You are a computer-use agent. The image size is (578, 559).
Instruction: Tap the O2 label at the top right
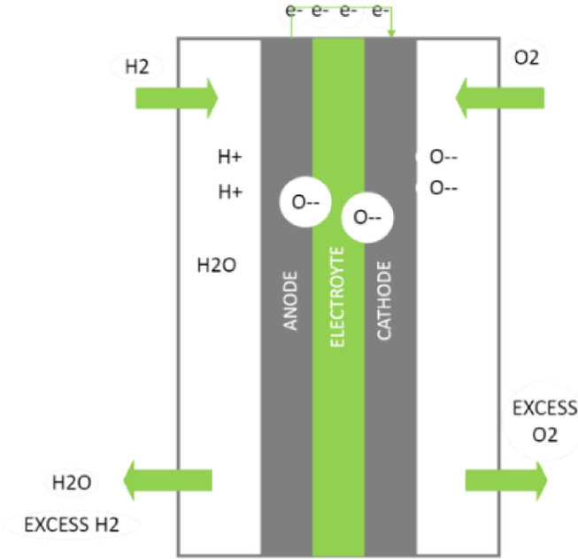(526, 59)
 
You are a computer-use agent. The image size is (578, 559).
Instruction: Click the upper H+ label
(230, 158)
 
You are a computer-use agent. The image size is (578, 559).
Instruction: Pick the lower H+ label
(230, 190)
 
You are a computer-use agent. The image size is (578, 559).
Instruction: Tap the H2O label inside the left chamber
(215, 264)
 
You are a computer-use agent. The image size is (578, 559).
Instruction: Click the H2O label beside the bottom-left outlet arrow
(71, 483)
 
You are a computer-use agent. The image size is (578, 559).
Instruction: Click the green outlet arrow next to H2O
(167, 480)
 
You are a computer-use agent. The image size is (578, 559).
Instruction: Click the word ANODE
(289, 300)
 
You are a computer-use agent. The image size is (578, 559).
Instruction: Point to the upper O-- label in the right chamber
(443, 158)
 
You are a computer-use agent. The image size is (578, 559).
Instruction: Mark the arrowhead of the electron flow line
(391, 35)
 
